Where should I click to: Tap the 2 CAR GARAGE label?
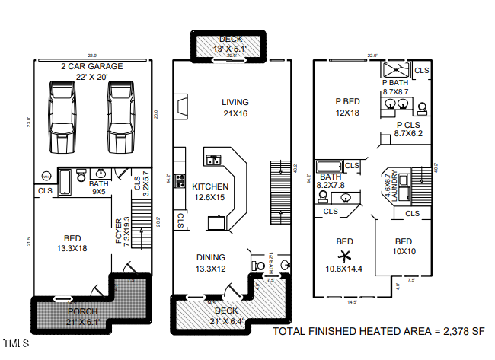[x=92, y=66]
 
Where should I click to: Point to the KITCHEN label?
[x=209, y=186]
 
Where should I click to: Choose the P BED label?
[x=347, y=101]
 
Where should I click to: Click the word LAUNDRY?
[x=394, y=186]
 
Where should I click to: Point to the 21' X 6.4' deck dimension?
[x=226, y=320]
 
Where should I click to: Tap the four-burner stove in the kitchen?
[x=181, y=181]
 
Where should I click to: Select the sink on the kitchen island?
[x=213, y=160]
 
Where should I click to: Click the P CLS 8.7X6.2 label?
[x=407, y=129]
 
